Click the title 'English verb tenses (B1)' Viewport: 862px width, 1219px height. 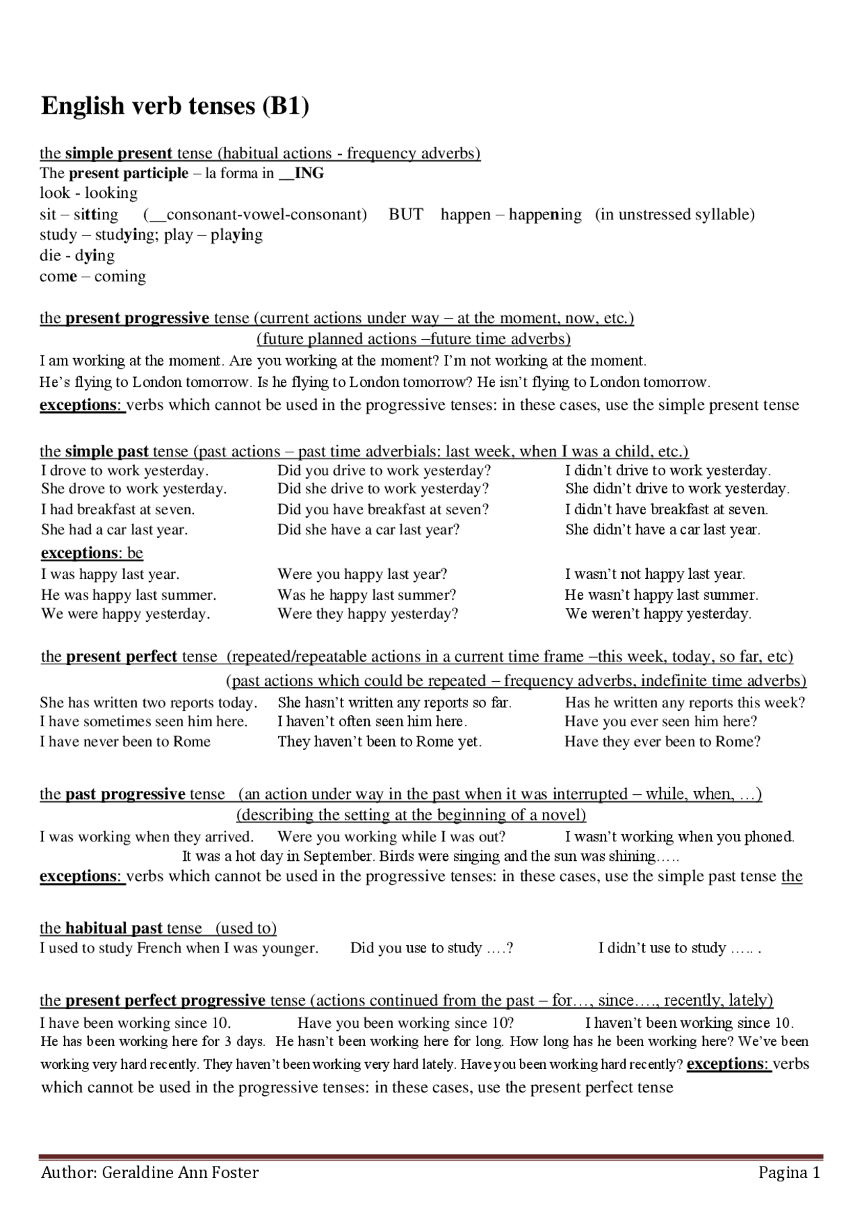pos(175,106)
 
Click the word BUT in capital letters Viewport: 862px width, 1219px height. pos(405,215)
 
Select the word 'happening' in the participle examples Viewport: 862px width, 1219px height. pos(545,215)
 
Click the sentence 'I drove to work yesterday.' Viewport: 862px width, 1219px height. pos(125,471)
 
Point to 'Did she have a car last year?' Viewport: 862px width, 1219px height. pos(368,530)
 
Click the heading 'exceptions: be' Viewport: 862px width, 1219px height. pos(92,553)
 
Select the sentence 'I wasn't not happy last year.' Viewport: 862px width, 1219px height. pos(655,574)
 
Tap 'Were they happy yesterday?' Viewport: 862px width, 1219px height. pos(368,614)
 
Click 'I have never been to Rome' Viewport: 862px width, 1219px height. pos(125,742)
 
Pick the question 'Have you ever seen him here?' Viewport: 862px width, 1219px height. pos(661,722)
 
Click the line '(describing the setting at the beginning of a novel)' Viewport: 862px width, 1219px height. pos(411,815)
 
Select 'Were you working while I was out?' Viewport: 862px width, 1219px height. pos(391,837)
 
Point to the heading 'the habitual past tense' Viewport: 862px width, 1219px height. pos(121,928)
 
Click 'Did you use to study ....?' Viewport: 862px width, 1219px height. pos(432,948)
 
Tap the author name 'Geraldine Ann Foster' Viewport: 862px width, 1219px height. pos(180,1173)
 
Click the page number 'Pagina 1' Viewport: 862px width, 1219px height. pos(789,1173)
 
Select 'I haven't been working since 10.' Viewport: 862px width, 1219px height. pos(689,1023)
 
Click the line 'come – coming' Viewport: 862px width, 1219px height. pos(92,277)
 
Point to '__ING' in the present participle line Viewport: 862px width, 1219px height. pos(301,174)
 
